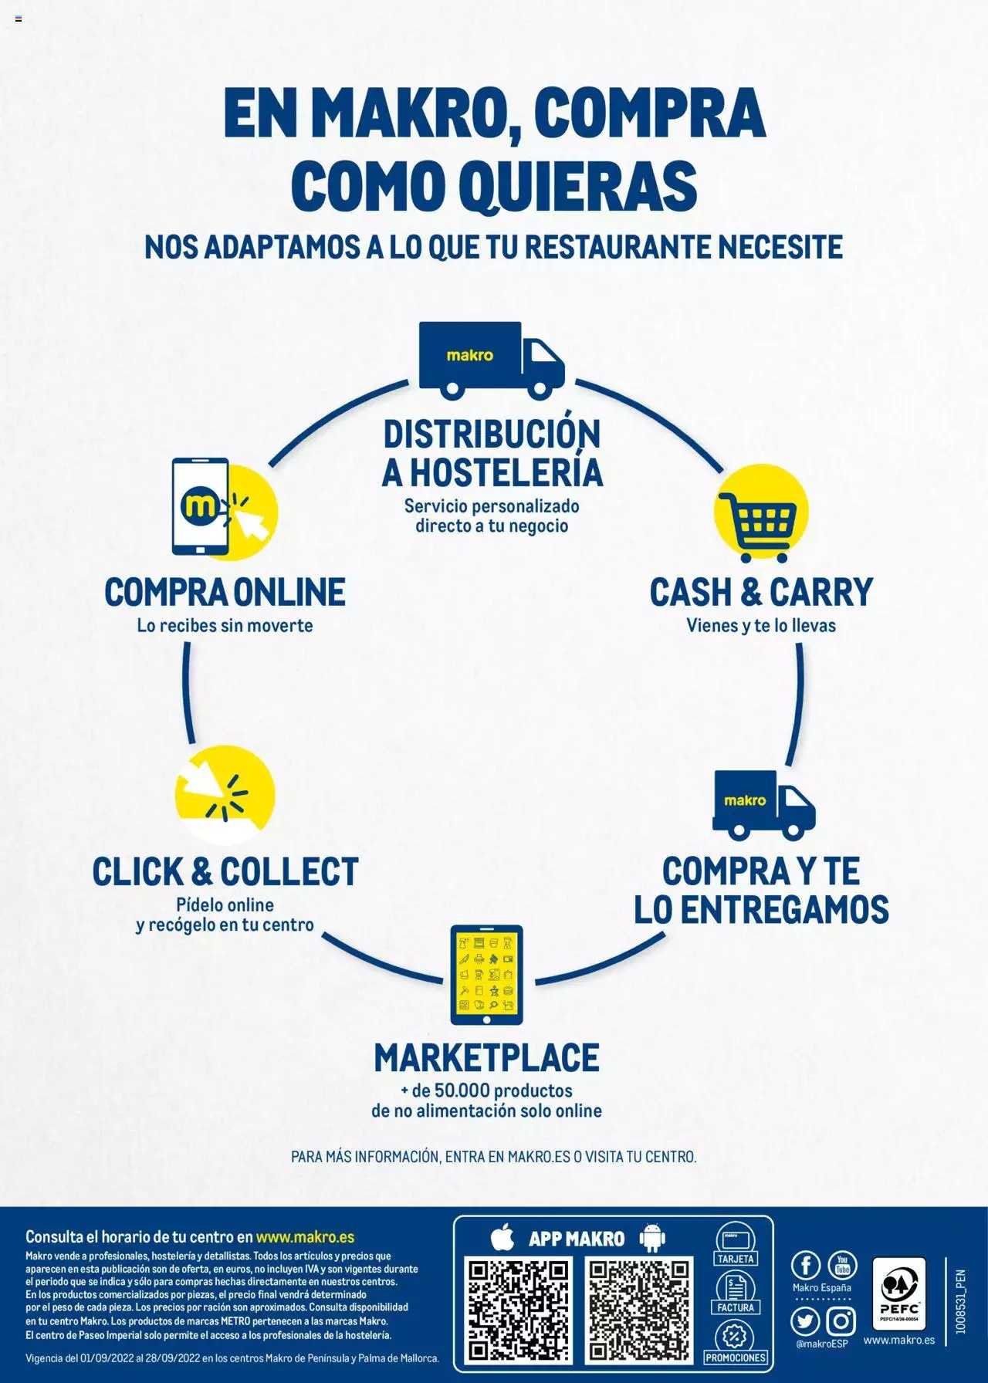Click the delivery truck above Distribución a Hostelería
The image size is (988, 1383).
click(492, 360)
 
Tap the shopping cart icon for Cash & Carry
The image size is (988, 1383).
click(757, 526)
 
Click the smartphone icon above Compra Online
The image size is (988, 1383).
click(201, 506)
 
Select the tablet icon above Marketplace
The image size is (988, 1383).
click(487, 976)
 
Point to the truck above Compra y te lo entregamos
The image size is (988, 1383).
click(763, 805)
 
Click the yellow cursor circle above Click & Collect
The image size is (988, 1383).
click(225, 795)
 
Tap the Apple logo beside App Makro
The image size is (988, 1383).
click(502, 1238)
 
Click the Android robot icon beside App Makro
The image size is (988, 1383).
click(652, 1239)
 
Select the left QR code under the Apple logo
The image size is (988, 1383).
click(519, 1310)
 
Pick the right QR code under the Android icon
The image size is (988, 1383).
click(638, 1310)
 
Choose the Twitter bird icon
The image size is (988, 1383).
click(806, 1321)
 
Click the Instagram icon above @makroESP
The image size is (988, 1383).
click(841, 1321)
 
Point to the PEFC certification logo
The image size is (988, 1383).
click(899, 1294)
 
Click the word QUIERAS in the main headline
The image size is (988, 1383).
click(578, 184)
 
